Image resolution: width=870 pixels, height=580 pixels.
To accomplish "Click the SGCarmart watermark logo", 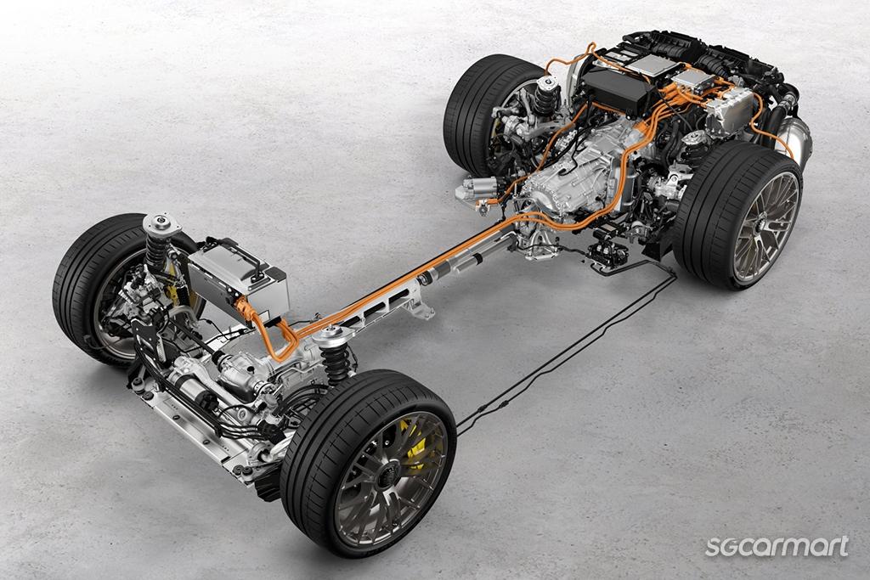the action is click(x=777, y=546).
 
